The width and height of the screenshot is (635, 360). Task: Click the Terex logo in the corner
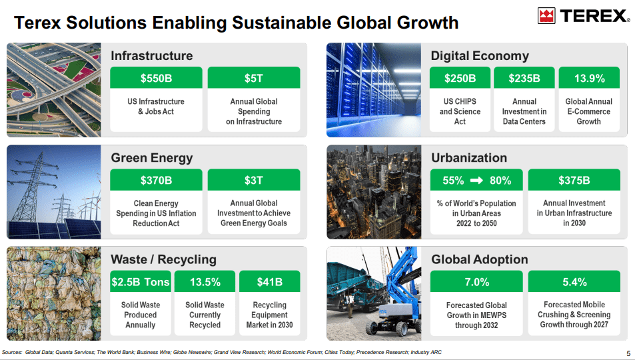tap(584, 16)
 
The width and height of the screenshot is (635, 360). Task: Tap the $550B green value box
tap(156, 78)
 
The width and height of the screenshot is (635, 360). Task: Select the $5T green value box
tap(254, 78)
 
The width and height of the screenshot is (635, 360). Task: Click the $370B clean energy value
tap(156, 180)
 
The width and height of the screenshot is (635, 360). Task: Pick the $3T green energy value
tap(254, 180)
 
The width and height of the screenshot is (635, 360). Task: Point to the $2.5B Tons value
tap(141, 282)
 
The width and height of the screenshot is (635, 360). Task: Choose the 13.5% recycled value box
tap(205, 282)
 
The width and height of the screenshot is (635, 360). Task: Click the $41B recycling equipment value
tap(269, 282)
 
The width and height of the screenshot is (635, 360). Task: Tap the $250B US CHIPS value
tap(460, 78)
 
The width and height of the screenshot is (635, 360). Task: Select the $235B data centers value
tap(524, 78)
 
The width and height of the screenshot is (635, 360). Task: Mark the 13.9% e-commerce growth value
tap(589, 78)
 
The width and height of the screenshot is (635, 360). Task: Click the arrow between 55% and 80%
tap(476, 181)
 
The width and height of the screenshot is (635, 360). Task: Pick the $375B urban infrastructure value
tap(574, 180)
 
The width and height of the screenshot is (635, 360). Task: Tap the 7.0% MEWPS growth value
tap(476, 282)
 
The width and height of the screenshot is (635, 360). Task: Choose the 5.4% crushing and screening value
tap(574, 282)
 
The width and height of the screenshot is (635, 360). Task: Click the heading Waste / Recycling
tap(163, 259)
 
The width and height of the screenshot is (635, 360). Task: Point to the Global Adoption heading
tap(479, 259)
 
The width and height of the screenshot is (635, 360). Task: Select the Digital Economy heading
tap(479, 56)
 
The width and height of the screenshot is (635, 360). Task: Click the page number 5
tap(628, 353)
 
